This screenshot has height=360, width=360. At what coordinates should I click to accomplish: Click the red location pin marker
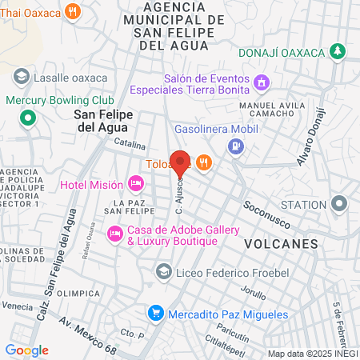tap(180, 162)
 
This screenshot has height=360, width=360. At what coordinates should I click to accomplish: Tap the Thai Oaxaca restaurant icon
tap(73, 11)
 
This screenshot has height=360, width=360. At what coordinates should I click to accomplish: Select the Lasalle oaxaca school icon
tap(22, 77)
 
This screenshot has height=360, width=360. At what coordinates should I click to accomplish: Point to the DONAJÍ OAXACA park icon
tap(338, 52)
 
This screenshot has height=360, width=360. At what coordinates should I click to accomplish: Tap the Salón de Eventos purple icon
tap(261, 82)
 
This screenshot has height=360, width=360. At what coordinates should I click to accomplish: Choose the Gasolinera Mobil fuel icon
tap(235, 146)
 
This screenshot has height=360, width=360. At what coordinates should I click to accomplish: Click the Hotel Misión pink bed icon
tap(136, 185)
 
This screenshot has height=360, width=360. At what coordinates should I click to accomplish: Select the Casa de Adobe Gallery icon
tap(115, 234)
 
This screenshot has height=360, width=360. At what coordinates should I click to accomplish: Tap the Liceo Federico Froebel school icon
tap(164, 271)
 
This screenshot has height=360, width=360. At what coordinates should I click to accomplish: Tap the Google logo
tap(26, 350)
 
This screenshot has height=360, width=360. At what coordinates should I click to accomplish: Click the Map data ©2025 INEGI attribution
tap(312, 354)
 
